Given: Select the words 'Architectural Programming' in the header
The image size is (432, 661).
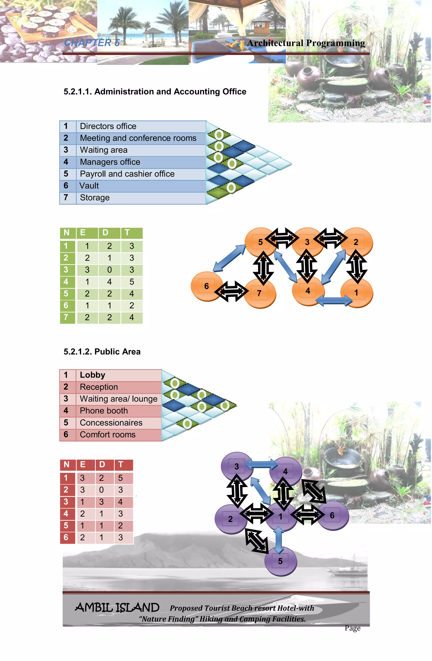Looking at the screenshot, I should (306, 43).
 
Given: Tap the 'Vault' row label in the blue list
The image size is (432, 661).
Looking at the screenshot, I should (89, 186).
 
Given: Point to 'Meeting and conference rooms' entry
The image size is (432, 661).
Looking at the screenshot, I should (138, 138).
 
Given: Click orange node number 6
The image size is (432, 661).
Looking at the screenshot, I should (206, 286).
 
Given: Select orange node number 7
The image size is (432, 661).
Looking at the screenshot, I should (259, 293).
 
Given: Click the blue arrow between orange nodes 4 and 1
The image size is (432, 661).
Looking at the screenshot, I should (334, 300).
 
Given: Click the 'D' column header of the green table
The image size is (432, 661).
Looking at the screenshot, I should (105, 232).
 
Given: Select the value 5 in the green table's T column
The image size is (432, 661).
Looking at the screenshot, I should (132, 282).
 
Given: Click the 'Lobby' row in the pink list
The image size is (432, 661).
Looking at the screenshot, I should (92, 375).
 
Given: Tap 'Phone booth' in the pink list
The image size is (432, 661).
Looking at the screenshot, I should (104, 410).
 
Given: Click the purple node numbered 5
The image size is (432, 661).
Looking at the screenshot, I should (280, 561).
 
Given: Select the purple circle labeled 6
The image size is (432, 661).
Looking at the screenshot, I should (332, 515).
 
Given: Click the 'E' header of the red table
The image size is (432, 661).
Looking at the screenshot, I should (83, 464).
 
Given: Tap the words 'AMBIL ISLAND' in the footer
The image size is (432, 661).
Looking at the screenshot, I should (117, 607).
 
